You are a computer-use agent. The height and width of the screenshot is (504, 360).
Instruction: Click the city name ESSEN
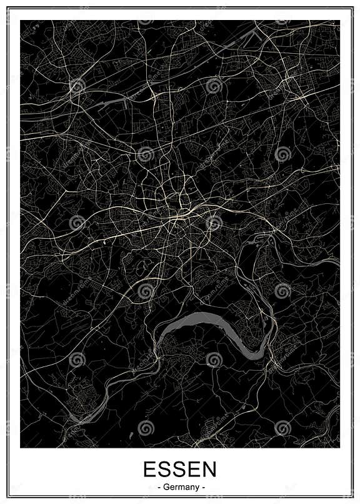[180, 470]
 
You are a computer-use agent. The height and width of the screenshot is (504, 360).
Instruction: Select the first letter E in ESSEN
[150, 470]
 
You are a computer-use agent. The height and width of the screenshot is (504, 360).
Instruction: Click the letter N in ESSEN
[210, 470]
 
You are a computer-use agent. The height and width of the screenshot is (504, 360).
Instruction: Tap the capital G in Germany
[166, 487]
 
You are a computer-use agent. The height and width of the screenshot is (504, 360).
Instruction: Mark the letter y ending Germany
[195, 488]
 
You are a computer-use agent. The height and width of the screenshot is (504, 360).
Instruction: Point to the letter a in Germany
[186, 487]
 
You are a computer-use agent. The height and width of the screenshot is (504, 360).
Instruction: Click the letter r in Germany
[175, 487]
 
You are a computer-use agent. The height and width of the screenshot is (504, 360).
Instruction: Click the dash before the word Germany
[159, 487]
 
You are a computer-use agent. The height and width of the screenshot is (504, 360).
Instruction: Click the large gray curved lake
[206, 322]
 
